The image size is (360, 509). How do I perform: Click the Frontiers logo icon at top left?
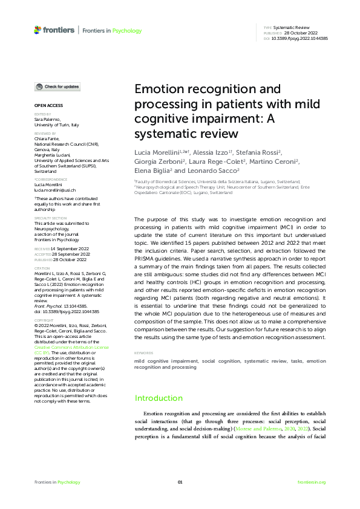[38, 30]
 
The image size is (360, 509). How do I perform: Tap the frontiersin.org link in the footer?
[312, 482]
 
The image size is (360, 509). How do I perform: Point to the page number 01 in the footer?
[180, 482]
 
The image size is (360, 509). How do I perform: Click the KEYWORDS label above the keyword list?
[143, 352]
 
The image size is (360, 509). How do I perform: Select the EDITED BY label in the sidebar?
[43, 113]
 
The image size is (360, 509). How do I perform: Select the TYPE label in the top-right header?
[267, 28]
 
